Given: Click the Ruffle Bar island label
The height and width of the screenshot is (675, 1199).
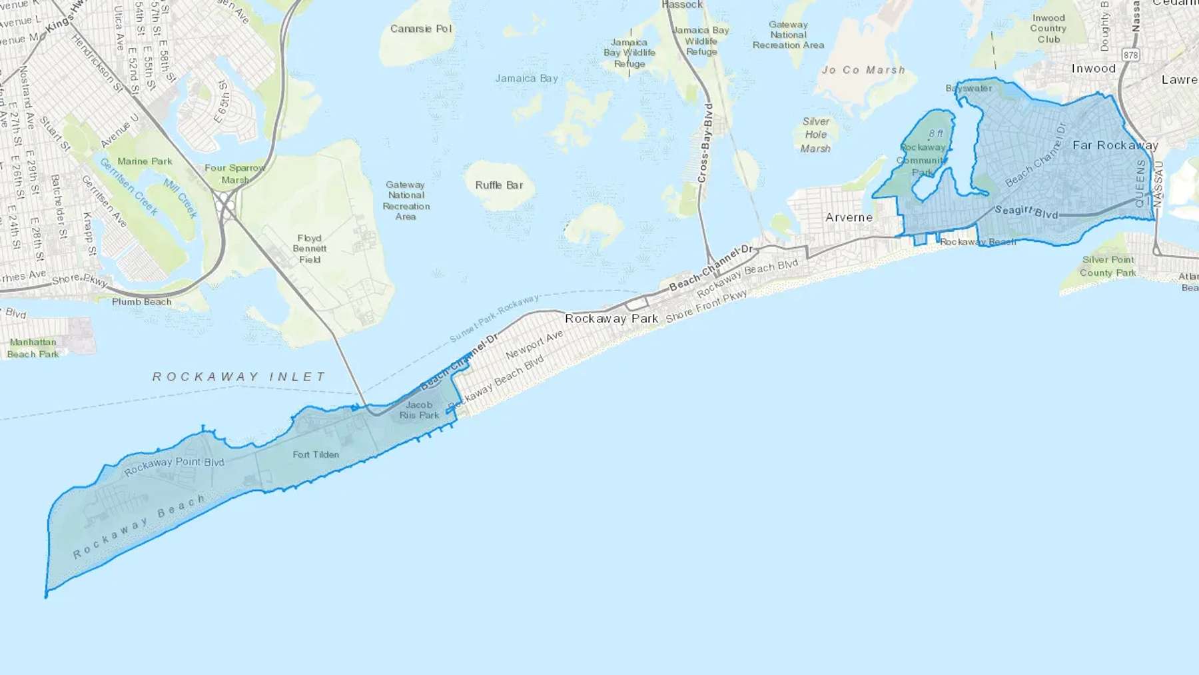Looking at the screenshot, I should pyautogui.click(x=499, y=185).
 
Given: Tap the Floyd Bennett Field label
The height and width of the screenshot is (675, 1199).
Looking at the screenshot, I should pyautogui.click(x=309, y=249).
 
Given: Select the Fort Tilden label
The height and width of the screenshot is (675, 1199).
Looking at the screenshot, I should pyautogui.click(x=316, y=454).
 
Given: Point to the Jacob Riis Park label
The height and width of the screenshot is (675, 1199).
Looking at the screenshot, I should pyautogui.click(x=419, y=410).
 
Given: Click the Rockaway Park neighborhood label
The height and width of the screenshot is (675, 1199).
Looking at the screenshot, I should pyautogui.click(x=611, y=319).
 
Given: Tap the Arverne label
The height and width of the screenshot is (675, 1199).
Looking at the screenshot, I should pyautogui.click(x=849, y=217).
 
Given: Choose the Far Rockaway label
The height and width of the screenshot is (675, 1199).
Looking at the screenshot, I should pyautogui.click(x=1115, y=145).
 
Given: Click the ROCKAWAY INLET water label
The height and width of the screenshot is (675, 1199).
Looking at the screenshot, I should pyautogui.click(x=239, y=377).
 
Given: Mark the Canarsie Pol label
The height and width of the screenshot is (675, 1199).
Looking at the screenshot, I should pyautogui.click(x=421, y=29).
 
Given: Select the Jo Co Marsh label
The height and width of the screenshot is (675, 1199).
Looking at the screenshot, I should pyautogui.click(x=863, y=70).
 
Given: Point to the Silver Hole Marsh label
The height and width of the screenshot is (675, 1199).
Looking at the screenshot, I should pyautogui.click(x=815, y=135).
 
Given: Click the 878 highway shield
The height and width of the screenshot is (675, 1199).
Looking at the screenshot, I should pyautogui.click(x=1130, y=55).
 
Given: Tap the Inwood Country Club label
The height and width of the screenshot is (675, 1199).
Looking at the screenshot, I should pyautogui.click(x=1048, y=29).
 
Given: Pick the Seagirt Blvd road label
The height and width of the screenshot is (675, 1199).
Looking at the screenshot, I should pyautogui.click(x=1026, y=212).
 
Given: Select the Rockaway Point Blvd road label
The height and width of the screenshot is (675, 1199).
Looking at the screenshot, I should pyautogui.click(x=174, y=466).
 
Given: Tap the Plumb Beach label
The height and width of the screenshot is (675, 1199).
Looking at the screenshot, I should pyautogui.click(x=141, y=302).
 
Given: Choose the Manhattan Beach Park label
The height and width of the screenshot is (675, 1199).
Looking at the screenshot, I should pyautogui.click(x=33, y=348).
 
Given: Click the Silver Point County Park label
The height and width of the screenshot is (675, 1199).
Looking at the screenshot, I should pyautogui.click(x=1108, y=266).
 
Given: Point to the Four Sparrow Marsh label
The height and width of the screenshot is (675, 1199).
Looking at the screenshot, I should pyautogui.click(x=234, y=173).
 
